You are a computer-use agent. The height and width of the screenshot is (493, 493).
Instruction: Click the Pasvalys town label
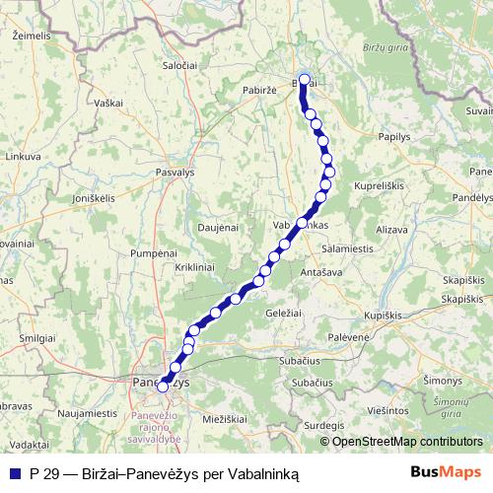(175, 171)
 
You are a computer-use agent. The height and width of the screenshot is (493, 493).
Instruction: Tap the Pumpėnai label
(152, 253)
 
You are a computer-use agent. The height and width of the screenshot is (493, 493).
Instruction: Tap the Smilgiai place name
(37, 337)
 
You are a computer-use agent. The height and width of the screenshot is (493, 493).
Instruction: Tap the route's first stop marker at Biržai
(305, 81)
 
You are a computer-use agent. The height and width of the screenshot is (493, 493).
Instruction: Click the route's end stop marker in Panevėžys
(164, 387)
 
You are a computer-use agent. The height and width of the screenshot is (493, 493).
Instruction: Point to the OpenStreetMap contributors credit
(407, 441)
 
